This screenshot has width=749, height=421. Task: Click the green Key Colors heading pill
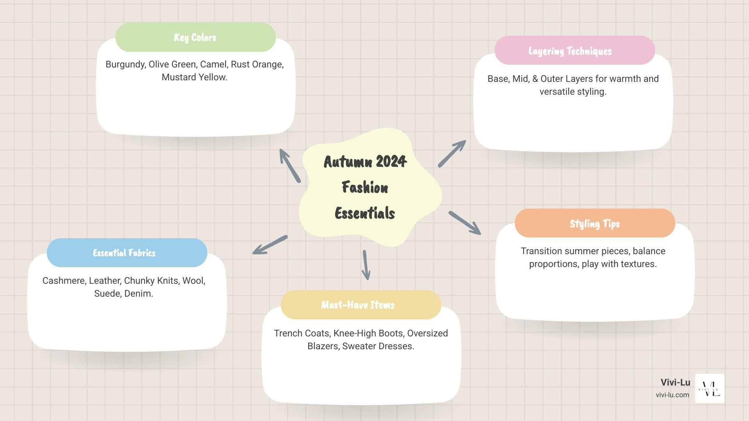[195, 37]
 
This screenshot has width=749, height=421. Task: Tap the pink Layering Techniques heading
[575, 50]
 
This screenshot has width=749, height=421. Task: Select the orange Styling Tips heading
[595, 223]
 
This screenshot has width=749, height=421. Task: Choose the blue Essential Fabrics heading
[127, 253]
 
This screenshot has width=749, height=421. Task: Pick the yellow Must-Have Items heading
[361, 305]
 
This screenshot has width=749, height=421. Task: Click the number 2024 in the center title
[391, 161]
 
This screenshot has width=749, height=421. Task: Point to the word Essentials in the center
[365, 213]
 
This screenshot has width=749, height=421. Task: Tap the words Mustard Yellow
[194, 77]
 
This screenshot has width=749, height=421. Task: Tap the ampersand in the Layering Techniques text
[535, 79]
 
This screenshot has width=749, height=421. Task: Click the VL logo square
[710, 388]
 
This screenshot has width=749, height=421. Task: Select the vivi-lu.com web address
[673, 395]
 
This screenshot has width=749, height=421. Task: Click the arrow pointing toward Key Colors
[290, 166]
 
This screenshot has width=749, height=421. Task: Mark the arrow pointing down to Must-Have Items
[366, 265]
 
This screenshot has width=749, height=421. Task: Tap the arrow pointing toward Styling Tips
[465, 223]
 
